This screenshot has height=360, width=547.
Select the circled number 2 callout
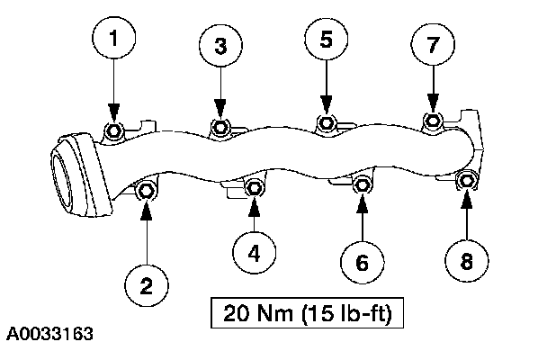coord(146,285)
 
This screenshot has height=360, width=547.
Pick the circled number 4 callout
coord(255,253)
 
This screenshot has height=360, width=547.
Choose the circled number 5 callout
coord(326,40)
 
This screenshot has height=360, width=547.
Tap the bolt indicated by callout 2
coord(147,191)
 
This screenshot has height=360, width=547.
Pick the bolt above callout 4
coord(255,187)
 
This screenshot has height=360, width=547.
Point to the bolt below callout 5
coord(327,121)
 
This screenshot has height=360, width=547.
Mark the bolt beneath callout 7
coord(434,120)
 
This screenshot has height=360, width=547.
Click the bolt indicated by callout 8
coord(468,181)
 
